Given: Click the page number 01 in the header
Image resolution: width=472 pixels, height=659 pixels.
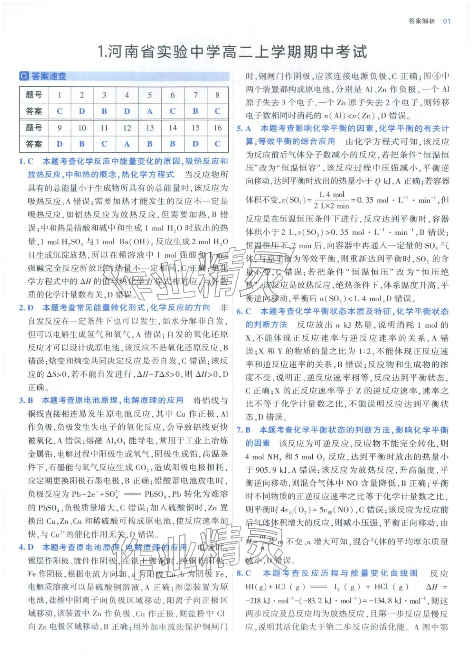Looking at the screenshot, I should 446,21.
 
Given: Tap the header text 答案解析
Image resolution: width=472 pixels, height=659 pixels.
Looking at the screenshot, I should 421,21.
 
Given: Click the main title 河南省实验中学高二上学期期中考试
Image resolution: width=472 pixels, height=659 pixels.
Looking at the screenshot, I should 233,52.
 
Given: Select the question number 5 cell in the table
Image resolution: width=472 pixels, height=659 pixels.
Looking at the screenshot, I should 149,95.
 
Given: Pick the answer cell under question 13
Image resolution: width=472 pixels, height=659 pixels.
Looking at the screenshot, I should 149,144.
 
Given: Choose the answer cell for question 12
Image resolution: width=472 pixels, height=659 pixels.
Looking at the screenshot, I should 127,144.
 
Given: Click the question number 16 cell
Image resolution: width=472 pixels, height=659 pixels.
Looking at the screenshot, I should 217,128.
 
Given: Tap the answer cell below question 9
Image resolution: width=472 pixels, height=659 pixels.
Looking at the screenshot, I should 60,144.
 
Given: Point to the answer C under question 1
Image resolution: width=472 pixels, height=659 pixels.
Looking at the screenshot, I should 60,111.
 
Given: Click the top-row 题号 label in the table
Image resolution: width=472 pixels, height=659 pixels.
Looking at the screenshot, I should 34,95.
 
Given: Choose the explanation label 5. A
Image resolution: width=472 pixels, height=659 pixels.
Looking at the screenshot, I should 244,128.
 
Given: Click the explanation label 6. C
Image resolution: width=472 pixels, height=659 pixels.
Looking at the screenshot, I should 244,312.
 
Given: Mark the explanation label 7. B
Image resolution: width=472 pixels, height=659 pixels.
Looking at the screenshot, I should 244,430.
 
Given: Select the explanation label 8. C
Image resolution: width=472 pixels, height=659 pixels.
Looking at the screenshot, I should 244,573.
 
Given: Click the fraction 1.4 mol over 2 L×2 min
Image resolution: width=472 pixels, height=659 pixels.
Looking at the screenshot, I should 332,200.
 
